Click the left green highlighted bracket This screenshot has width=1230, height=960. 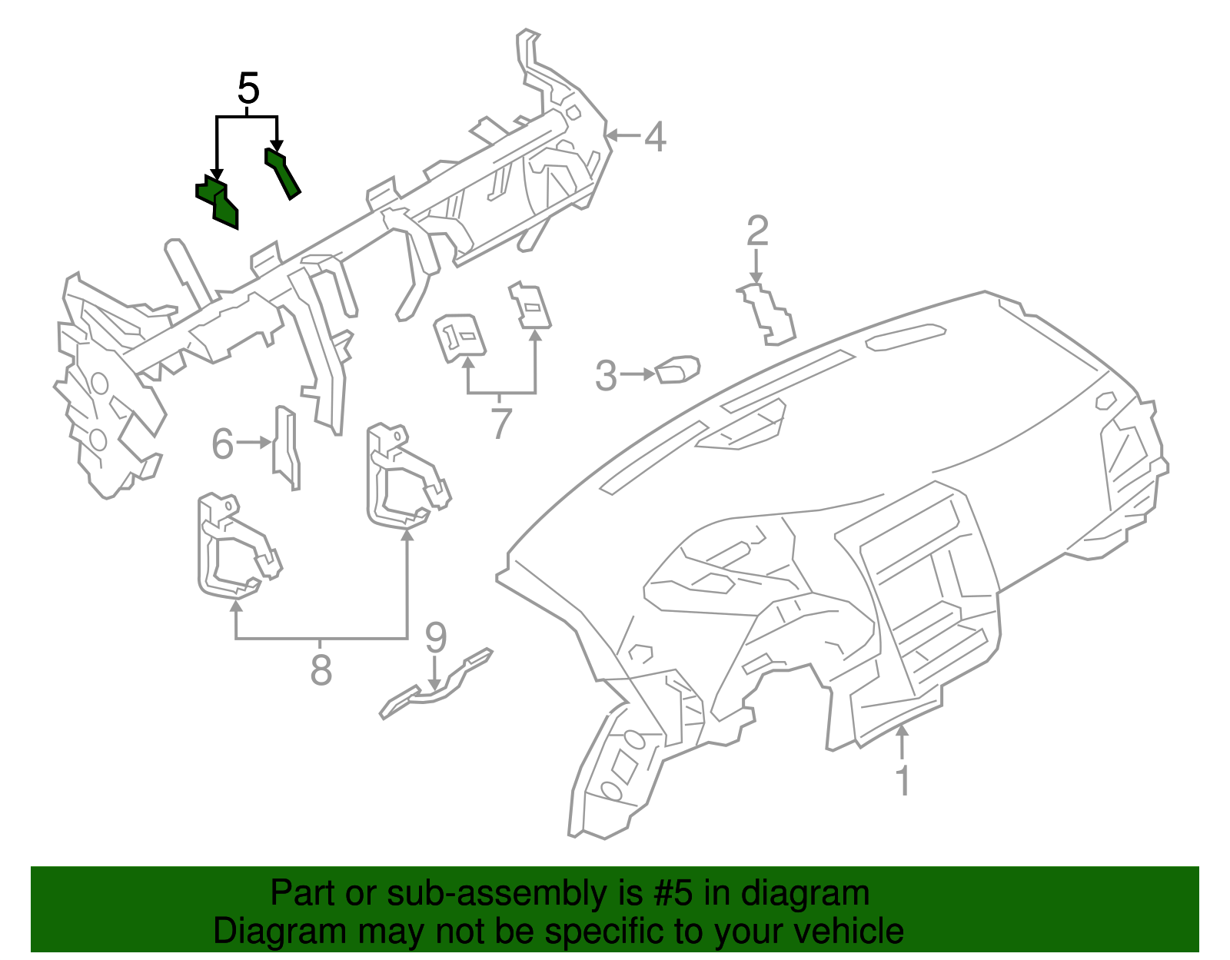coord(218,201)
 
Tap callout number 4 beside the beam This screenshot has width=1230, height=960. coord(654,137)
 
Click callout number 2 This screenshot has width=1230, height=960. coord(757,231)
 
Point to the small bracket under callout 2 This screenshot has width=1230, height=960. coord(768,314)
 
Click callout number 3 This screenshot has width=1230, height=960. coord(606,376)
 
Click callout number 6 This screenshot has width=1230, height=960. coord(222,443)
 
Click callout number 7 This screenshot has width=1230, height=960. coord(501,423)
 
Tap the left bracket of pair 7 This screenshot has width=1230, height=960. coord(460,336)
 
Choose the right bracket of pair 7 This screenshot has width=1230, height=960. coord(530,306)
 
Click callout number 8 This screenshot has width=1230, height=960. coord(321,669)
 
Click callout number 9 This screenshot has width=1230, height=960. coord(436,636)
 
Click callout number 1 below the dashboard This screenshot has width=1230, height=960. coord(903,781)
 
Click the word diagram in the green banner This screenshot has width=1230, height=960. coord(822,894)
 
